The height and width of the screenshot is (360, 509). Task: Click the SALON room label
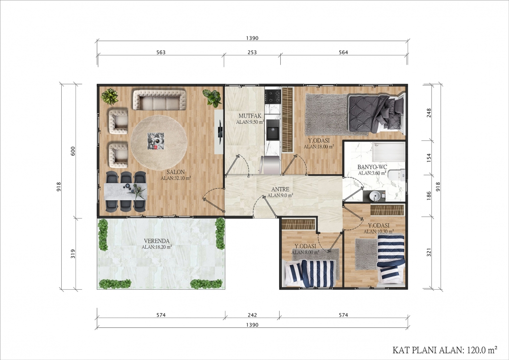175,172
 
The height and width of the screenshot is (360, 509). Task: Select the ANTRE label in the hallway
280,189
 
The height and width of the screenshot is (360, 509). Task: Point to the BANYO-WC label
372,167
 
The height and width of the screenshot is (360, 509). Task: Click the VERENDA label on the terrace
157,241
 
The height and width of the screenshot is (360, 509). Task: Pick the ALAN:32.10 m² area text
175,178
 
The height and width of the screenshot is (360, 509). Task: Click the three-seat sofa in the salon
159,100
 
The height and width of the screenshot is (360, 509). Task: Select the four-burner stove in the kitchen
272,96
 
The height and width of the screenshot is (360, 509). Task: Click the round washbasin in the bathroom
375,196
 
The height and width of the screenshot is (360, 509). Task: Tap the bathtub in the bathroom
388,152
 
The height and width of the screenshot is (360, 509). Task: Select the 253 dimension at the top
252,52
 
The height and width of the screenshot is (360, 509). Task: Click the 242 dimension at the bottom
252,315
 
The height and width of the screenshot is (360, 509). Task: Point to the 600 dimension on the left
73,151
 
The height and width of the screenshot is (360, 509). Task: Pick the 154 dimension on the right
429,158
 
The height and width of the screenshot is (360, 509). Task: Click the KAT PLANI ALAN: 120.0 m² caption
445,350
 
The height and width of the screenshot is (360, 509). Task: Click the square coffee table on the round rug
156,141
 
